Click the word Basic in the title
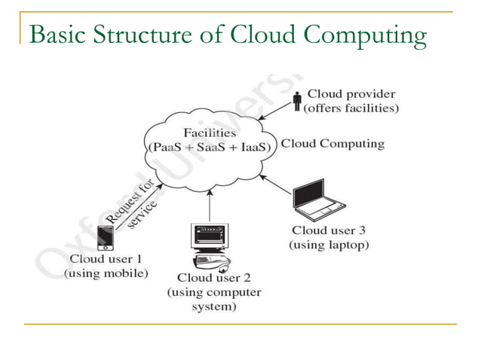point(54,35)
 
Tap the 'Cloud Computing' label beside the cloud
point(332,143)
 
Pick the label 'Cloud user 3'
point(329,230)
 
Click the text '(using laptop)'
point(329,245)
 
